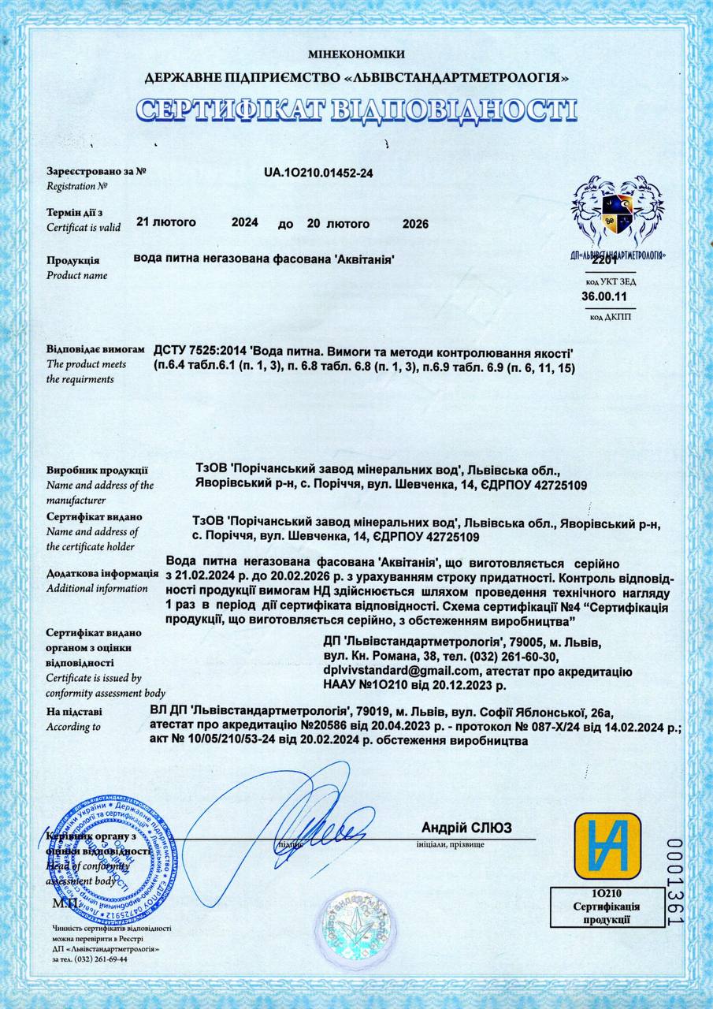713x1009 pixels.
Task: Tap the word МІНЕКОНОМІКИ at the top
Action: point(356,54)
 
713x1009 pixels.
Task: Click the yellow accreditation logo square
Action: point(601,845)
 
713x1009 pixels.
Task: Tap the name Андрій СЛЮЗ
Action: point(466,828)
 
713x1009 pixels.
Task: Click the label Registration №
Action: point(76,187)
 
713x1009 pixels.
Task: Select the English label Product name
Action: point(76,275)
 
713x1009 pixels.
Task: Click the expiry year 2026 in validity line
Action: point(415,224)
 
